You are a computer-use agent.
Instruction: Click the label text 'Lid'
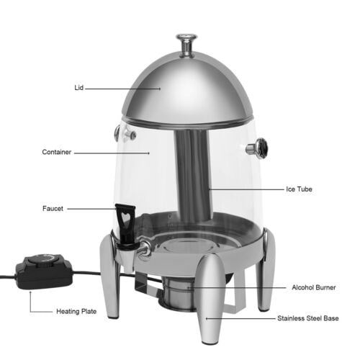(x=79, y=88)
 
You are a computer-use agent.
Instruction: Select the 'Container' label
(x=57, y=152)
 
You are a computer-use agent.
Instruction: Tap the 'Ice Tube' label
(x=299, y=189)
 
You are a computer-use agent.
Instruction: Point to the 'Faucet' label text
(x=53, y=209)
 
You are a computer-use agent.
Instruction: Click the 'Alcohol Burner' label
(x=314, y=287)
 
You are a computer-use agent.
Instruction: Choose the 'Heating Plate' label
(x=76, y=312)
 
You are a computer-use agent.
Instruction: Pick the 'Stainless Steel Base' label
(x=308, y=318)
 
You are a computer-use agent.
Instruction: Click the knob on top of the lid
(x=186, y=45)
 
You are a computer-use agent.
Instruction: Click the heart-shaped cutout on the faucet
(x=125, y=217)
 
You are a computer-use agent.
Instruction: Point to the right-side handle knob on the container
(x=257, y=148)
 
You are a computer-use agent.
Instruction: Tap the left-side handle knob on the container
(x=125, y=133)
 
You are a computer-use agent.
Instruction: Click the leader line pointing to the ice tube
(x=246, y=189)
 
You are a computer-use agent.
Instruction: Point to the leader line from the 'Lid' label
(x=123, y=89)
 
